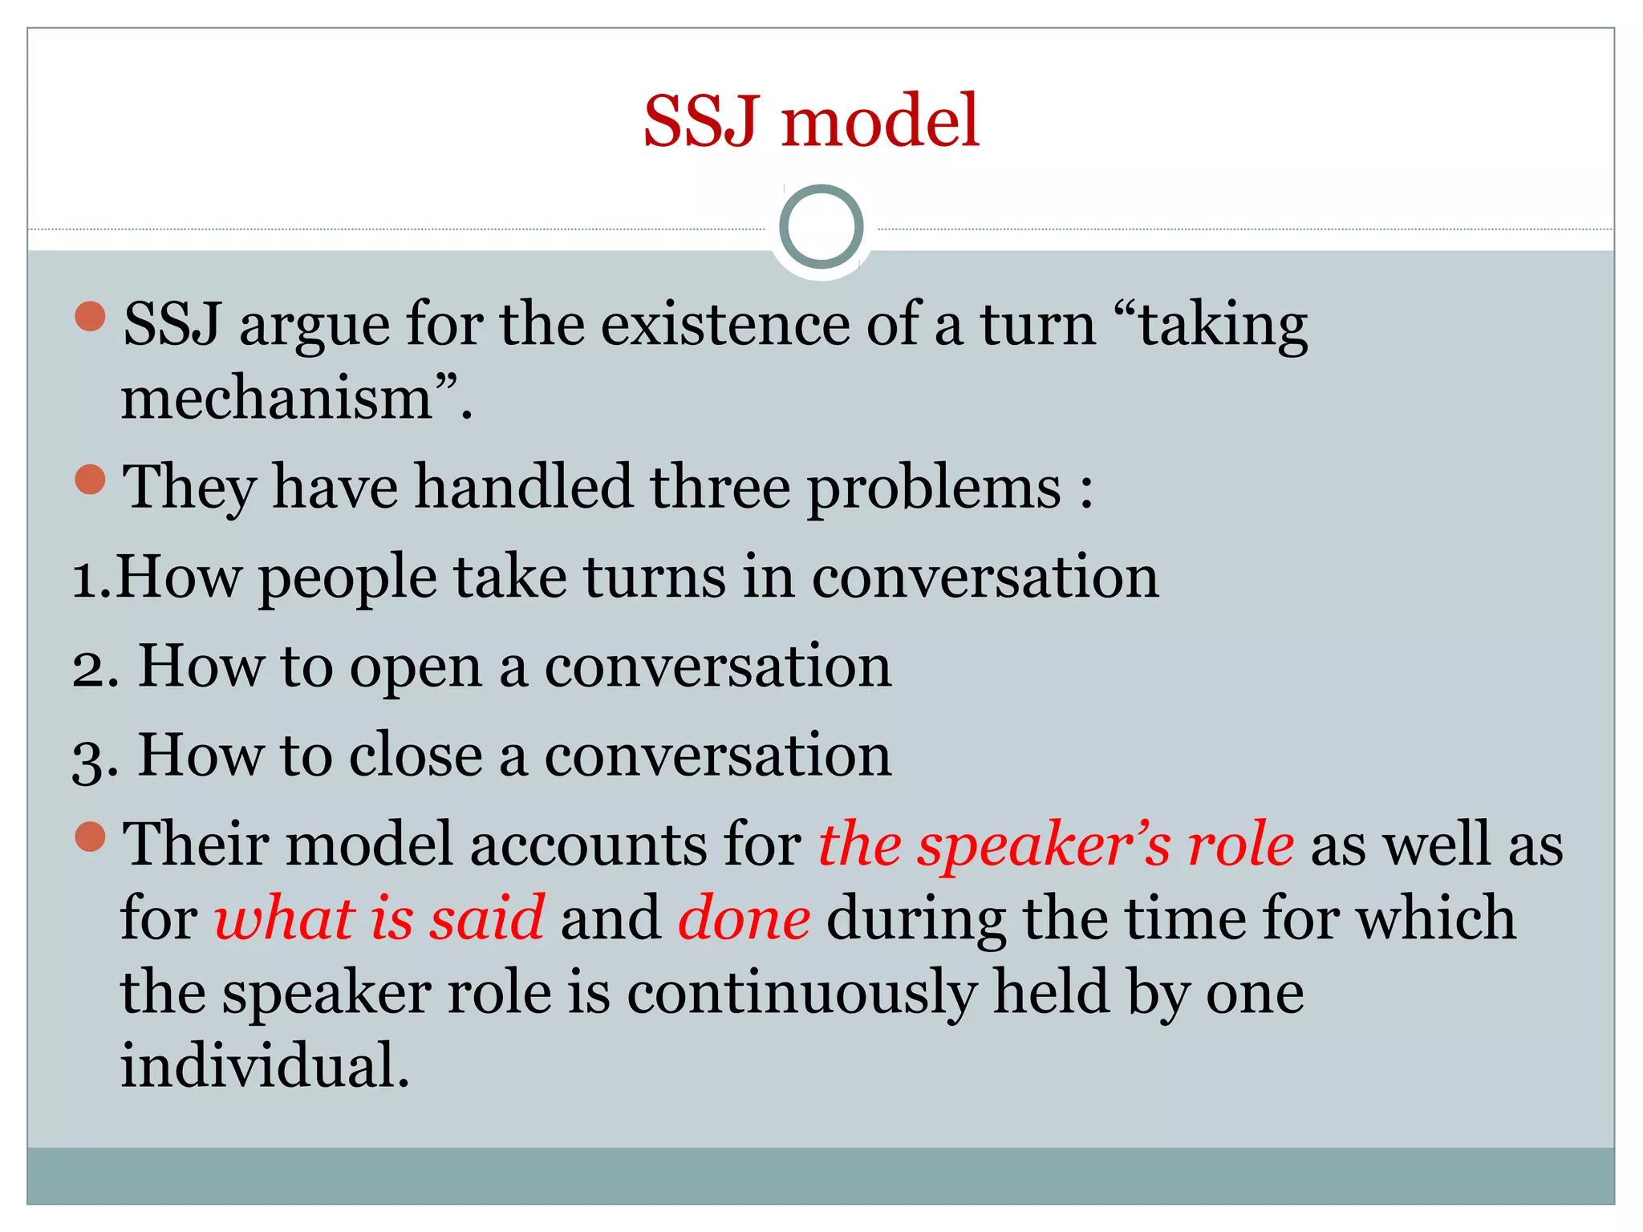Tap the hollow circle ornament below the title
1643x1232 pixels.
click(x=821, y=227)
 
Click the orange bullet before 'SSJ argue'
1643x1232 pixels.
click(x=90, y=316)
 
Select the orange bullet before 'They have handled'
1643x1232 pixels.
click(x=90, y=480)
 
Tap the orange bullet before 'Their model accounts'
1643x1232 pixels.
click(x=90, y=837)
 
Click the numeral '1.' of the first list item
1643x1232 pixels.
click(x=91, y=577)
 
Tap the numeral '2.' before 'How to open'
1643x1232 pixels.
click(x=95, y=667)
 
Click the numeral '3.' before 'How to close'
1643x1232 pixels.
click(x=95, y=757)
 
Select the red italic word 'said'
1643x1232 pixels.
click(x=487, y=918)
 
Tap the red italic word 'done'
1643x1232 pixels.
click(x=744, y=918)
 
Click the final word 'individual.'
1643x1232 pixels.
click(x=265, y=1066)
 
